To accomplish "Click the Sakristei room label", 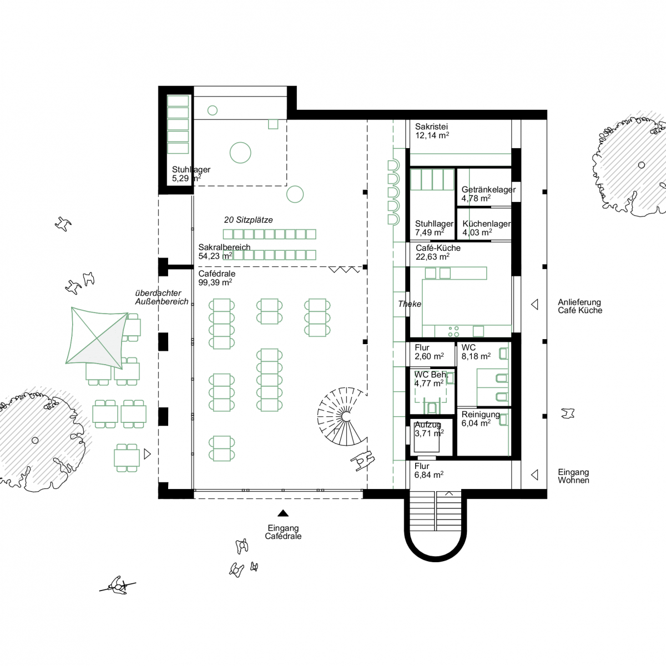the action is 431,127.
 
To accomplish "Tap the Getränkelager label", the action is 488,189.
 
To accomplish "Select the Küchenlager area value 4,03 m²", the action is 477,233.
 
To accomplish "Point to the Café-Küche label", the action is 438,248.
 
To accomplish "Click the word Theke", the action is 410,304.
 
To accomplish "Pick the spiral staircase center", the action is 346,416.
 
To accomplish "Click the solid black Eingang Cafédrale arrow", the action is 283,513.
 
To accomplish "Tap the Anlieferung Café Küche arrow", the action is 534,305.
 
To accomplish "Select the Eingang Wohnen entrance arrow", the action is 534,475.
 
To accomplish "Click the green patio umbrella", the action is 97,337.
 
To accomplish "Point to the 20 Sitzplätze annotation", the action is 248,220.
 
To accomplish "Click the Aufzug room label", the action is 427,425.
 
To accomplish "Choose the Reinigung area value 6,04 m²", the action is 476,423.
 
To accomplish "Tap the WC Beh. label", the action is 431,374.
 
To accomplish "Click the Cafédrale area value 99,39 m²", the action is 215,282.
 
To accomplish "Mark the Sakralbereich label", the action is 224,247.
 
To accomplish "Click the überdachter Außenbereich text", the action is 162,297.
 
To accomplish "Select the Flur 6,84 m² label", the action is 429,471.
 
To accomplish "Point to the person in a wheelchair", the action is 362,460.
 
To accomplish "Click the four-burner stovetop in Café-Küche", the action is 453,331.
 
